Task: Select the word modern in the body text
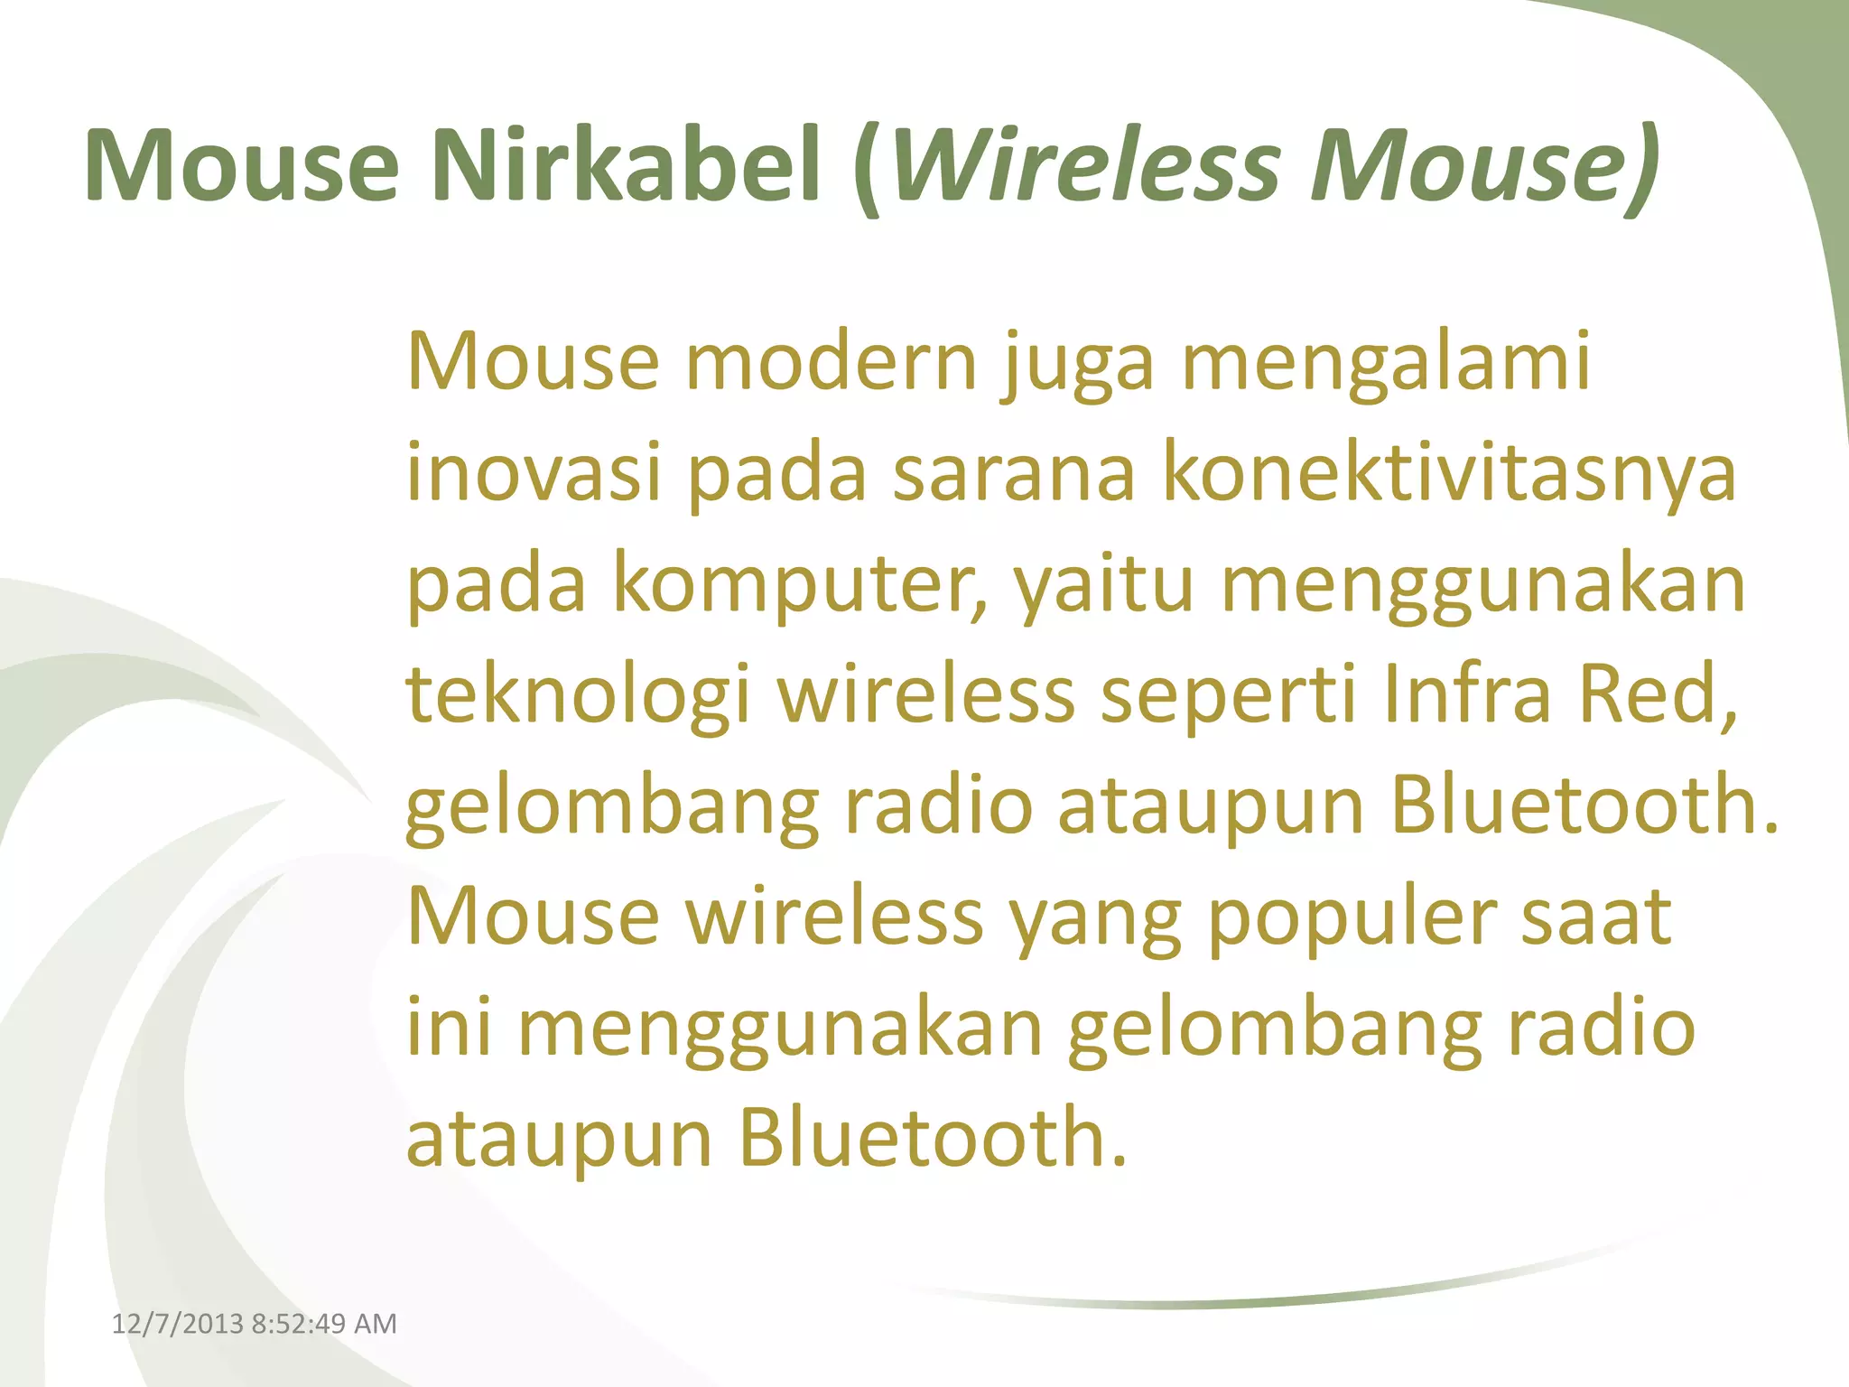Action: pyautogui.click(x=832, y=362)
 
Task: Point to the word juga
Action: pyautogui.click(x=1078, y=366)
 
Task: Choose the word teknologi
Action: pyautogui.click(x=578, y=695)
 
